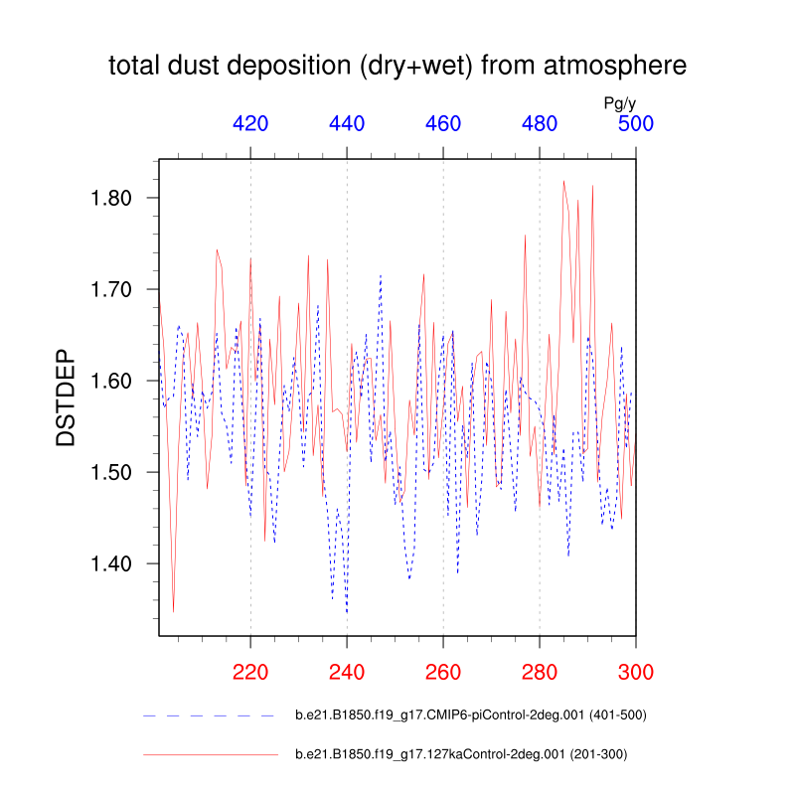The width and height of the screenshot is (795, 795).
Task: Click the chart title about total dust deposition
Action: click(397, 67)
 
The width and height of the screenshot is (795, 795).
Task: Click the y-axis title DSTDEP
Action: click(66, 397)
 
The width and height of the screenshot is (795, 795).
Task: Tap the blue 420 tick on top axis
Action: click(250, 124)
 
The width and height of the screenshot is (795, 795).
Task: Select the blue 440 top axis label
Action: click(347, 124)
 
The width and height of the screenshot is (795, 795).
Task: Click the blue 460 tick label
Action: click(443, 124)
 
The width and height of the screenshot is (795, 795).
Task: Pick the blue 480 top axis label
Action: click(540, 124)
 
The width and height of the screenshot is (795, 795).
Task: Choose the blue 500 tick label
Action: click(636, 124)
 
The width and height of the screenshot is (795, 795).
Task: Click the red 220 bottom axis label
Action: click(250, 672)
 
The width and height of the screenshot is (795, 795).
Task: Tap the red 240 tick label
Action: click(347, 672)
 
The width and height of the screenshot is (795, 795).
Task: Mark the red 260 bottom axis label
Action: click(443, 672)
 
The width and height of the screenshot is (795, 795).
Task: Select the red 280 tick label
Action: click(540, 672)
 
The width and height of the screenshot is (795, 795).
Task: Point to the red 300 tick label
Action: click(636, 672)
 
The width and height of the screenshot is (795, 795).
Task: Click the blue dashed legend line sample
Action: click(210, 715)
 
